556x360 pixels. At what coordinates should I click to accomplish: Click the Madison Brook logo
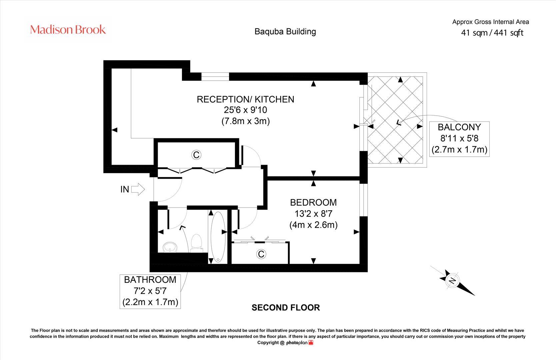[68, 30]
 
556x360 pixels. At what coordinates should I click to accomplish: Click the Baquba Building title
[285, 32]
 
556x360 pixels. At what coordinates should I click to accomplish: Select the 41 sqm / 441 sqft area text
[492, 33]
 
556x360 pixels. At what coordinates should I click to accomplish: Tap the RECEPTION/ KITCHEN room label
[245, 99]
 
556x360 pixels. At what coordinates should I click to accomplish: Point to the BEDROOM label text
[313, 202]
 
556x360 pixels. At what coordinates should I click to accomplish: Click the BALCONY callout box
[459, 138]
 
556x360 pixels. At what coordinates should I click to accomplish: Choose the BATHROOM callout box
[150, 291]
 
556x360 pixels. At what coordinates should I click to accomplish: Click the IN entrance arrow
[138, 189]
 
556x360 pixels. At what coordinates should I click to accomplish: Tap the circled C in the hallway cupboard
[196, 155]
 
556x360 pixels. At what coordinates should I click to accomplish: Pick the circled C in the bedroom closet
[261, 254]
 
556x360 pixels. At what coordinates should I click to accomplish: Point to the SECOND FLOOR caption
[286, 308]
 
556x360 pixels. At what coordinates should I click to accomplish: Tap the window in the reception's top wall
[215, 77]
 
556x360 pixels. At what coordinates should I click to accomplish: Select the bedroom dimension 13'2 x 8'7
[313, 214]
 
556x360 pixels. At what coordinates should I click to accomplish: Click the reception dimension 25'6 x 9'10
[245, 110]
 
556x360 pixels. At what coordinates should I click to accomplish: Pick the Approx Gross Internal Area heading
[490, 22]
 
